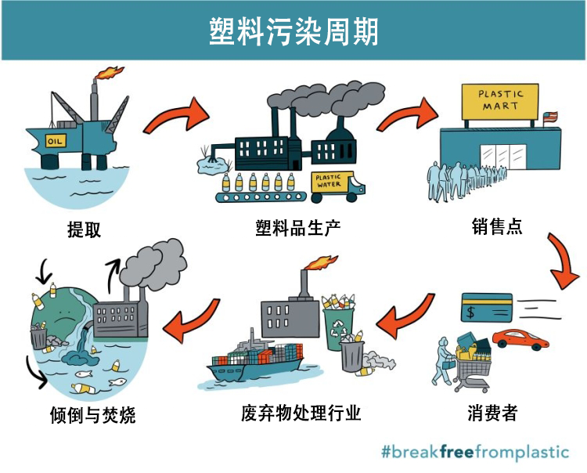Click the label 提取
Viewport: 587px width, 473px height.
pos(85,229)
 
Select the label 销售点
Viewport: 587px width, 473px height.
pos(497,226)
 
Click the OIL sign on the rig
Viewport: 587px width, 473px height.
pos(56,141)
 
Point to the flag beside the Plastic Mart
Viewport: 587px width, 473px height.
pos(550,117)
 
